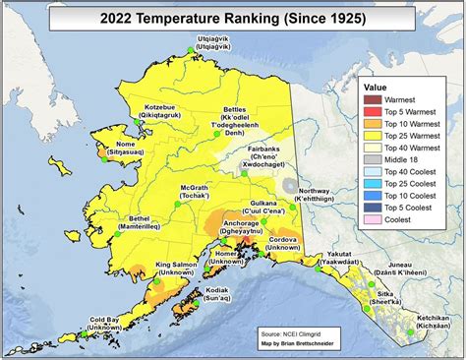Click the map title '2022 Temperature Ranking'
[233, 17]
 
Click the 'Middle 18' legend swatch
[373, 158]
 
